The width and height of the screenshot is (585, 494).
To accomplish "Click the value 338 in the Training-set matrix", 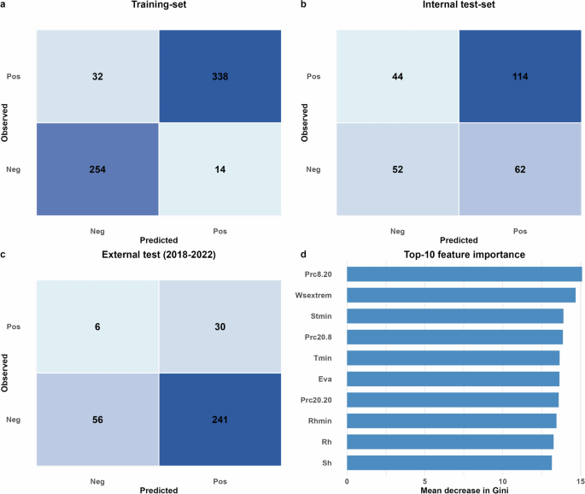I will tap(219, 76).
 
